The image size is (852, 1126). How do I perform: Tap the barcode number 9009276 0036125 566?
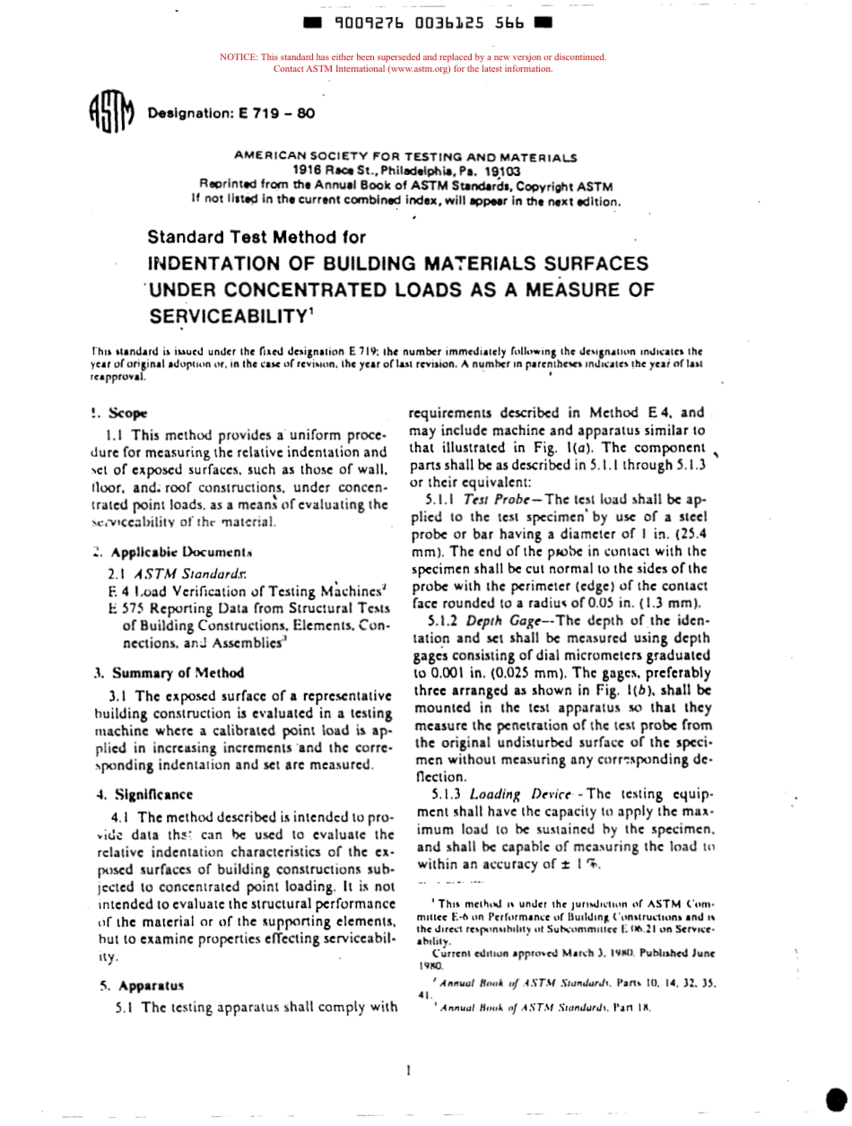tap(428, 24)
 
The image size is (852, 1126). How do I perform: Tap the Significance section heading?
tap(150, 793)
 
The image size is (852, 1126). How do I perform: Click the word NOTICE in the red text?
tap(237, 57)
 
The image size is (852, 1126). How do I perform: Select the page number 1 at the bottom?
tap(408, 1069)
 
